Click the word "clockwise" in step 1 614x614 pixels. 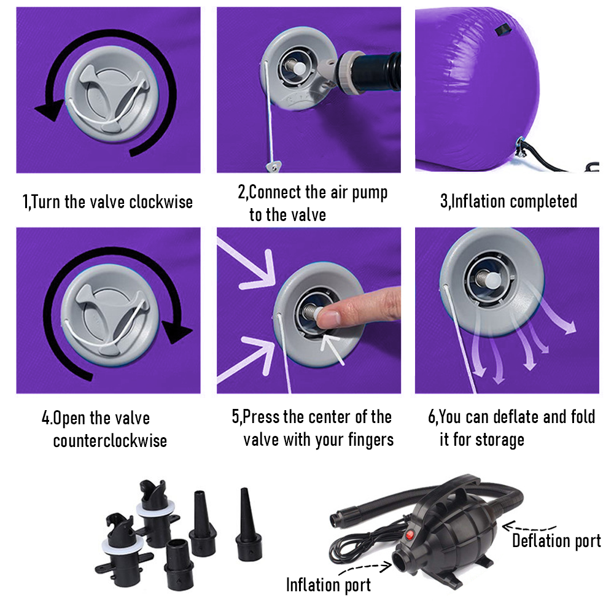(161, 202)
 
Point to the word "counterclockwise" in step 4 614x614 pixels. (110, 441)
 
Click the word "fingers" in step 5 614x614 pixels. (371, 440)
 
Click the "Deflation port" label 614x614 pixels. (556, 541)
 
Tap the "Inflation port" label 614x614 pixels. (328, 585)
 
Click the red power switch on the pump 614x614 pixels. (410, 535)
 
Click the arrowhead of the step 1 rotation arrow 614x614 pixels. (50, 110)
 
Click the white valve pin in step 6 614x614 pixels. (492, 279)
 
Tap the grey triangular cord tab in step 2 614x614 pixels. (274, 166)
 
